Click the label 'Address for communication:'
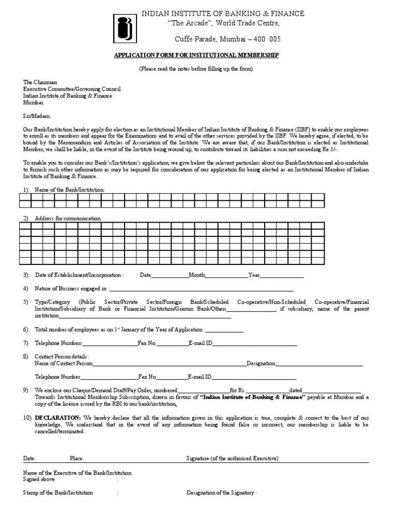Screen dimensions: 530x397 (68, 219)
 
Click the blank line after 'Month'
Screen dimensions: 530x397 (227, 275)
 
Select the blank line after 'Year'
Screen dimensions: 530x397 (281, 275)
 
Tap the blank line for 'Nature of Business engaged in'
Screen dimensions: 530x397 (201, 288)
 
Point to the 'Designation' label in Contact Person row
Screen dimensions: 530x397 (261, 363)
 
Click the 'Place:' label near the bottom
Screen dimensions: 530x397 (77, 459)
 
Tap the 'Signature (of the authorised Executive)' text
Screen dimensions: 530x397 (232, 459)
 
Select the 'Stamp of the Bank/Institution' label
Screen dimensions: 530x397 (58, 493)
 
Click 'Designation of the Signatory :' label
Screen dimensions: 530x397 (221, 493)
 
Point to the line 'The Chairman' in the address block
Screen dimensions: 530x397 (40, 82)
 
